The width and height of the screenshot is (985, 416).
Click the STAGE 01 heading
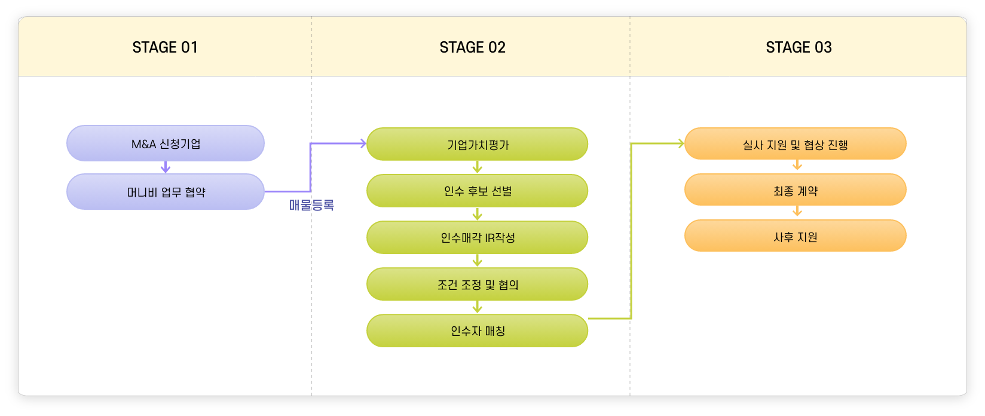pos(165,47)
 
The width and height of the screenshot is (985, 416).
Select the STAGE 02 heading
pos(472,47)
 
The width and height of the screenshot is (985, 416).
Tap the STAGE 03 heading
pos(799,47)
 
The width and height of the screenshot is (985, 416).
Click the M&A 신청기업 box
pos(166,143)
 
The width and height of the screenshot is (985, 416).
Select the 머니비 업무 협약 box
pos(166,192)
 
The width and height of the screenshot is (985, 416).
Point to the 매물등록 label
pos(311,206)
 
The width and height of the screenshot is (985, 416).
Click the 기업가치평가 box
pos(477,144)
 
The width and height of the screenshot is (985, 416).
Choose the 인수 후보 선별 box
pos(477,191)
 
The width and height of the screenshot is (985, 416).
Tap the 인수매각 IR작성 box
pos(477,237)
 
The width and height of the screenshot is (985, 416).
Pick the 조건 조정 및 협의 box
pos(477,284)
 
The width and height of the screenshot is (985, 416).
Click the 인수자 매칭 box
pos(477,331)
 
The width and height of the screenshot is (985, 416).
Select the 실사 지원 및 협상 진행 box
pos(795,144)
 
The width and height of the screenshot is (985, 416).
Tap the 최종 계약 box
pos(795,191)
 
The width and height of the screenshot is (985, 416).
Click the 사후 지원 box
pos(795,237)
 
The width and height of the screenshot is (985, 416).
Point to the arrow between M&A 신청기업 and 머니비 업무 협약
pos(166,167)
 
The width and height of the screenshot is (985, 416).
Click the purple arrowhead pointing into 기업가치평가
pos(361,143)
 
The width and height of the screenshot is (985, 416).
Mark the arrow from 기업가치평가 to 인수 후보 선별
pos(477,167)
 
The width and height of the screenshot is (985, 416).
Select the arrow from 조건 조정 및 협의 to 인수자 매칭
pos(477,307)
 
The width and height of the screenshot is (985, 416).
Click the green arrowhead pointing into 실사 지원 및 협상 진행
pos(679,143)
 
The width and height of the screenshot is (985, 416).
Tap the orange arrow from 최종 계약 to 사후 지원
pos(797,212)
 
